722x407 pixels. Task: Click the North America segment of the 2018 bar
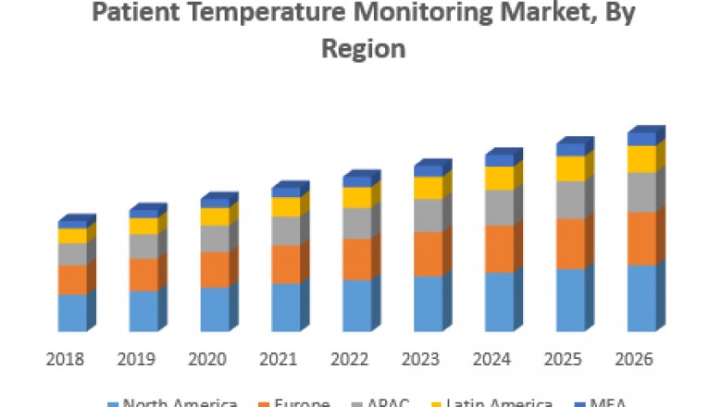click(71, 313)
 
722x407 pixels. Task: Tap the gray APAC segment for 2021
click(285, 230)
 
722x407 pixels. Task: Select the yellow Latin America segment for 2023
click(428, 188)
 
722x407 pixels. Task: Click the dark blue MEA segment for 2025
click(570, 150)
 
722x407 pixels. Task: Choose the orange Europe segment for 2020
click(214, 269)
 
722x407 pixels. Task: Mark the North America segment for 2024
click(499, 302)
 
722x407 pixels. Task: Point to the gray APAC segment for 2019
click(143, 246)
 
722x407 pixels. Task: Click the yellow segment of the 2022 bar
click(356, 197)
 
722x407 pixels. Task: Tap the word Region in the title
click(363, 48)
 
